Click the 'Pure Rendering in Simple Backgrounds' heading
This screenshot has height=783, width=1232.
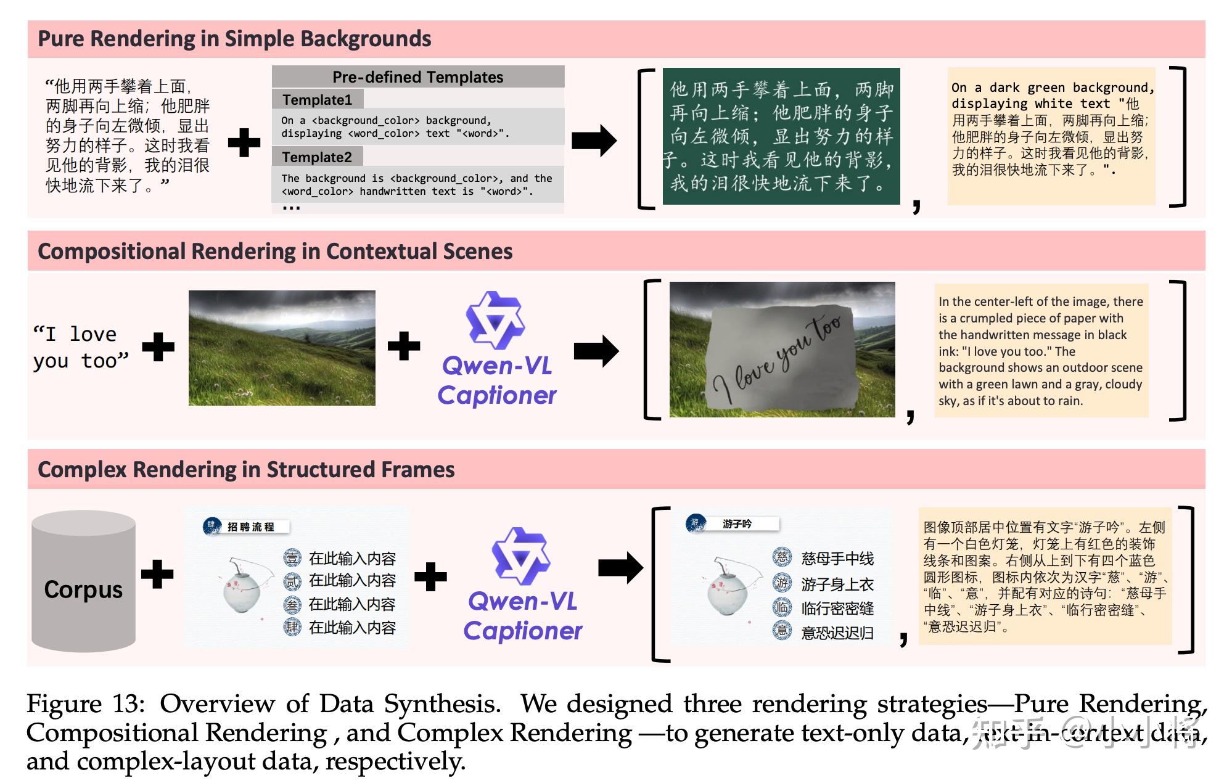234,39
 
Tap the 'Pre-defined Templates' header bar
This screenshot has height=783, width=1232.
417,77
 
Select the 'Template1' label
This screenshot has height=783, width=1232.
317,100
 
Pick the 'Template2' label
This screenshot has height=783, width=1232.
317,157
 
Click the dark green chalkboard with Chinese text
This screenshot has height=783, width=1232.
781,136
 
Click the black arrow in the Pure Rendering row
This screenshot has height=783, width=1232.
594,141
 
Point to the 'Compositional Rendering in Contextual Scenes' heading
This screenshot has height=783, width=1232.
275,252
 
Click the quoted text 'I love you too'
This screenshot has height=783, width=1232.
81,347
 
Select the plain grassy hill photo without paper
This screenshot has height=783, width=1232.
282,348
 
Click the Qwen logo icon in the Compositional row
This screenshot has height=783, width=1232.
495,320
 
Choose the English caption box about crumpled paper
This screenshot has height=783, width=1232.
1041,351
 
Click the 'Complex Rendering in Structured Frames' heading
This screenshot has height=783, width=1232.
246,470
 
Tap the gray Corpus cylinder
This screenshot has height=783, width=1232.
84,581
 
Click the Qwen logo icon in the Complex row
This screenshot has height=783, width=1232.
521,556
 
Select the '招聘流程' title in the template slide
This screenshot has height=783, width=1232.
250,527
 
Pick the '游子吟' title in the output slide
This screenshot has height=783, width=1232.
737,524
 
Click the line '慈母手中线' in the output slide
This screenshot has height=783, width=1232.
837,559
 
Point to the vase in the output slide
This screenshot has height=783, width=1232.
728,587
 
